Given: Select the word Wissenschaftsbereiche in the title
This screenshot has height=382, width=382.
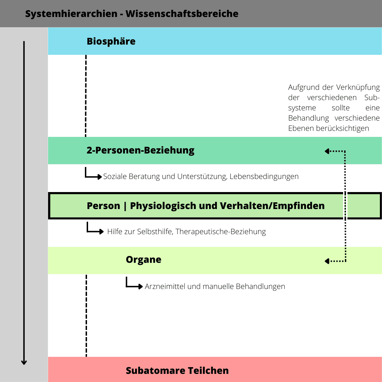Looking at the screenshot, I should point(182,14).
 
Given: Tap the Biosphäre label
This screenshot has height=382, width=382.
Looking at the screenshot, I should point(111,41).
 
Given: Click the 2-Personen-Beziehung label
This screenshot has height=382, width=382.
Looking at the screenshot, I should point(140,150).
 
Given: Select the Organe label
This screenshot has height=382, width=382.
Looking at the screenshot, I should point(143,260).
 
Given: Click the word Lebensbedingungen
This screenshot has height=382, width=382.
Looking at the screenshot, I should point(264,176).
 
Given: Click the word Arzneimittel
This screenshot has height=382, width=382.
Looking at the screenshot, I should point(165,286).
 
